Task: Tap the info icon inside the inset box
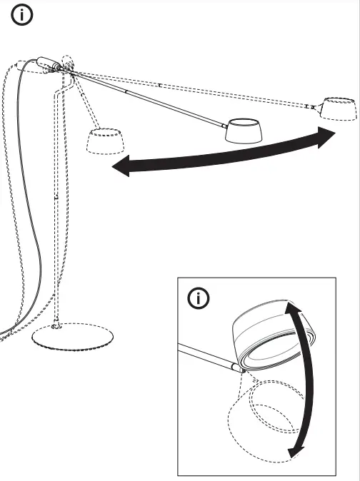(x=198, y=298)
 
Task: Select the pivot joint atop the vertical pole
(x=70, y=69)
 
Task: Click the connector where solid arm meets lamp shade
(x=224, y=123)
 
